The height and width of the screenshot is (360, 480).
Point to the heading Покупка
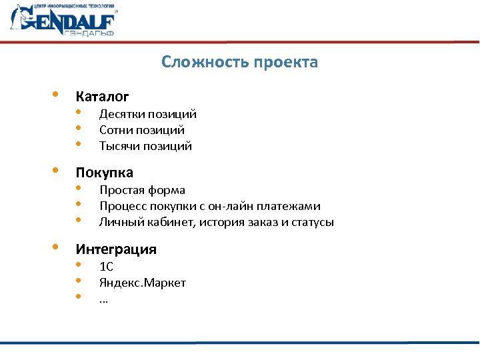104,173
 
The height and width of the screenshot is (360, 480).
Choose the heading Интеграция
116,249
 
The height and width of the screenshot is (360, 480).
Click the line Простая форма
142,191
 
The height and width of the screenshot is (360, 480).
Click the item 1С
107,267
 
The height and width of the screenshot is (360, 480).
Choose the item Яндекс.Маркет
143,283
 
